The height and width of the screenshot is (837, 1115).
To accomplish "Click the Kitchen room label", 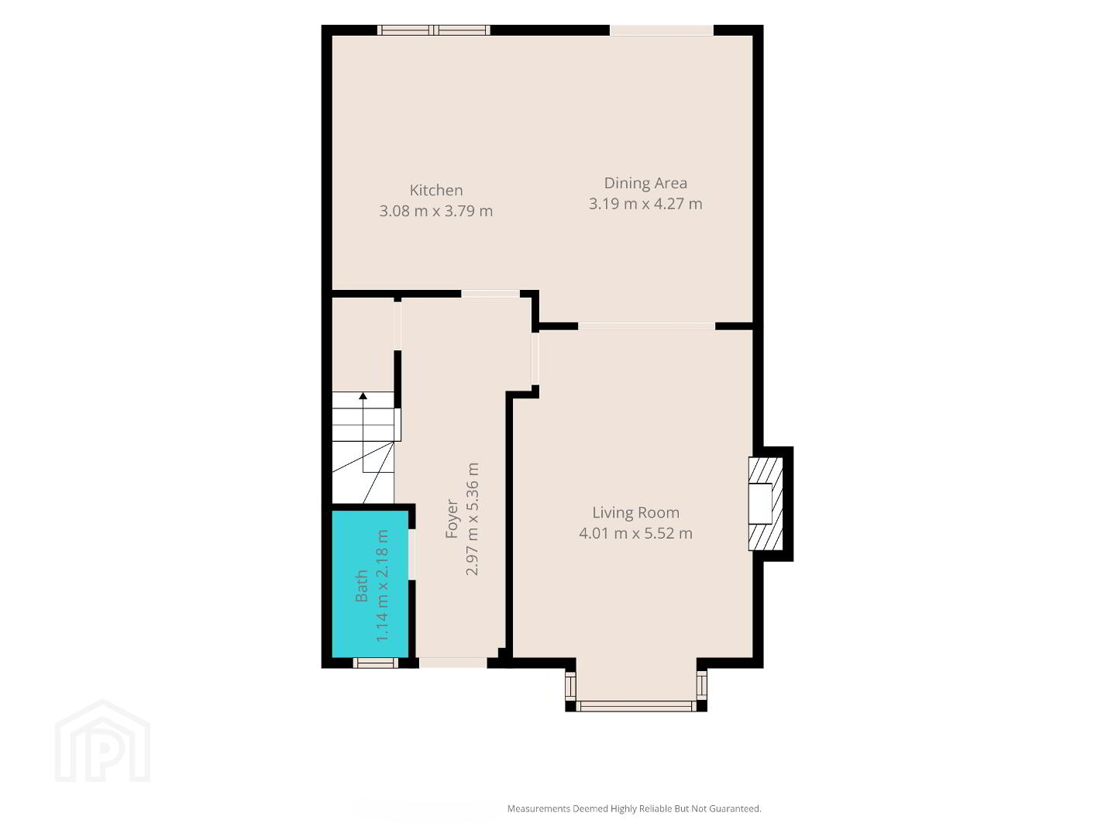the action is (435, 190).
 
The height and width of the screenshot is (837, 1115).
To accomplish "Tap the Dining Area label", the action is (645, 183).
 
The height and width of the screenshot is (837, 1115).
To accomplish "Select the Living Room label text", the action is (635, 512).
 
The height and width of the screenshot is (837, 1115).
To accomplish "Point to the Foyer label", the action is (452, 518).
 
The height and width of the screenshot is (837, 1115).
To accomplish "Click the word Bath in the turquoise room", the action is (361, 586).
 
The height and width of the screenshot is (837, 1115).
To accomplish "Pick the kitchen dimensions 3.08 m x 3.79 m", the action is (435, 211).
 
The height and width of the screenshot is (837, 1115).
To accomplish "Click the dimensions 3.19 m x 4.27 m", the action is (645, 204).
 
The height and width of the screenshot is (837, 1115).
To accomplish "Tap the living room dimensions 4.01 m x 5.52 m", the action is (635, 533).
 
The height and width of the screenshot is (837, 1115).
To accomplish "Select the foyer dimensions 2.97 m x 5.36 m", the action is (472, 518).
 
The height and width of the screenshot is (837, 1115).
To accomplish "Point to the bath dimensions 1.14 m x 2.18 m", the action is (382, 586).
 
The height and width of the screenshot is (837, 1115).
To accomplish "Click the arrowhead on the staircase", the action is (363, 396).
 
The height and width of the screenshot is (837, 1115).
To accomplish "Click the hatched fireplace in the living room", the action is (766, 504).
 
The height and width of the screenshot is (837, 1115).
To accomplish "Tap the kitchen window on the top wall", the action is (434, 30).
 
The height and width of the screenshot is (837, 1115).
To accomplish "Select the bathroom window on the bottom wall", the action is (375, 663).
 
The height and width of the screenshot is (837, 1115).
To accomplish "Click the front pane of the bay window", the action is (636, 706).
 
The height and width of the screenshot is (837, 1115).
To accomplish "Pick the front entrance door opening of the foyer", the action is (453, 663).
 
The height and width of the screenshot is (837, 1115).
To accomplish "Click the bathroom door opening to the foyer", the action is (412, 554).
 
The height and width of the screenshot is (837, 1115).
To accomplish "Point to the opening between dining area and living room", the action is (647, 326).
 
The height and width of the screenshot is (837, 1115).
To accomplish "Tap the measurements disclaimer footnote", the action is (634, 808).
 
